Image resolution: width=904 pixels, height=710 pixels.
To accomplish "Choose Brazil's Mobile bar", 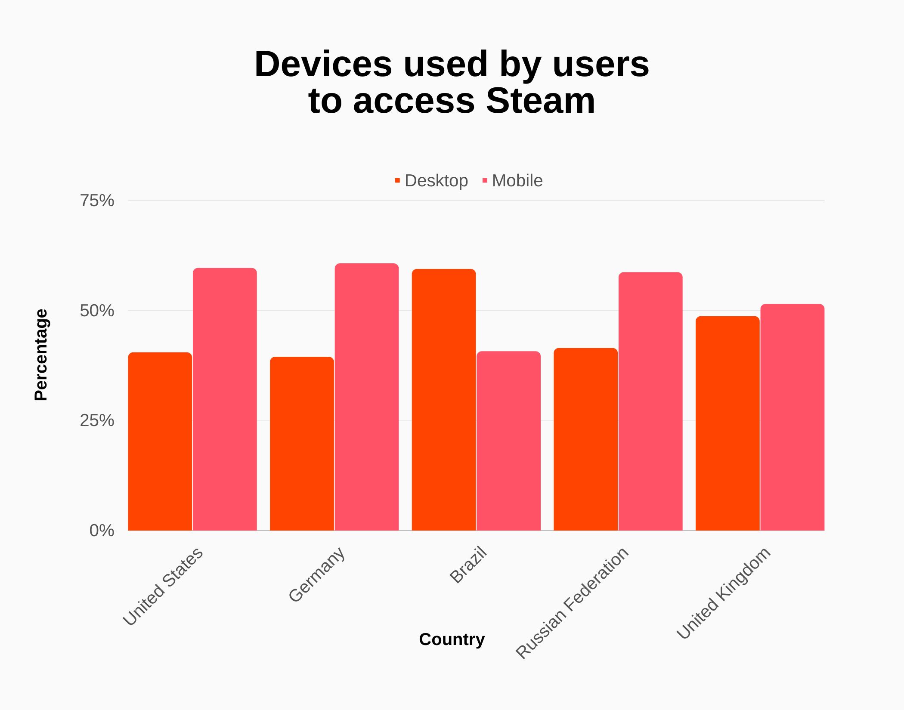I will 508,441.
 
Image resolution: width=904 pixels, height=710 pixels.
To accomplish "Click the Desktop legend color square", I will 397,180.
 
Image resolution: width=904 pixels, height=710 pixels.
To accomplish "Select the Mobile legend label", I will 517,181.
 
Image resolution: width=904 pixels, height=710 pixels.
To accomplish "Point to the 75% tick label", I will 97,201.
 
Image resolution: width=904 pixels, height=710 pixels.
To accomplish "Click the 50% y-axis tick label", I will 97,311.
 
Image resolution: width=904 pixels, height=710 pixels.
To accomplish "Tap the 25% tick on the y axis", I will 97,420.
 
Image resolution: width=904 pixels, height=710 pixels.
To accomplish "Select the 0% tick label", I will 102,531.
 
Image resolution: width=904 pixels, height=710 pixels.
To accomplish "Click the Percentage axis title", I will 41,355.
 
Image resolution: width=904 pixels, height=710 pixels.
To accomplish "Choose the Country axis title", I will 452,639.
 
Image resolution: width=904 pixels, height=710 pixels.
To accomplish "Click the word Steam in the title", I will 540,101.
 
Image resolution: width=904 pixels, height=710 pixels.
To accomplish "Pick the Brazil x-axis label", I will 468,565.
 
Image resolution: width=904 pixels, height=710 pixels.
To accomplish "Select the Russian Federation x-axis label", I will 573,602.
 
